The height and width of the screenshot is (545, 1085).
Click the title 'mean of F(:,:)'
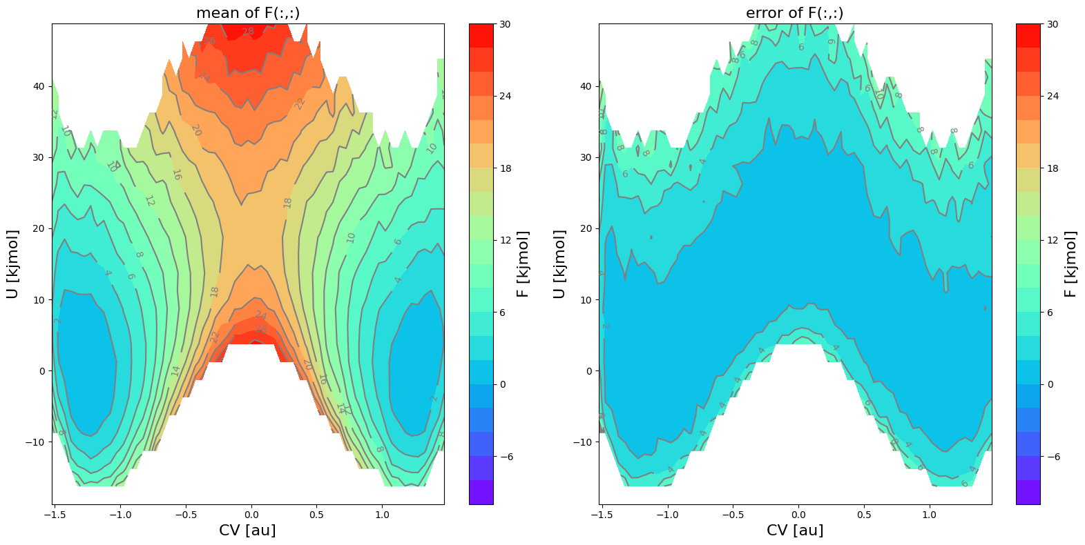[x=248, y=13]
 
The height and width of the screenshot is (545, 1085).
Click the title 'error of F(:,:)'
[x=794, y=13]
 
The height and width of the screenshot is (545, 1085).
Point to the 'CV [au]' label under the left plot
[x=247, y=530]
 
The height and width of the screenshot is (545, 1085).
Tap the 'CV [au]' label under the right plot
[x=795, y=530]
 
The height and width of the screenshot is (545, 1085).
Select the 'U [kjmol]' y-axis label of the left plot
[x=12, y=264]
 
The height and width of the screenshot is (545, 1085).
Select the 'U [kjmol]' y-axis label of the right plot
[x=559, y=264]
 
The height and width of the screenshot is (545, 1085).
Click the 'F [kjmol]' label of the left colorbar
[x=523, y=264]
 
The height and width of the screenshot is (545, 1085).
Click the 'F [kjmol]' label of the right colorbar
[x=1070, y=264]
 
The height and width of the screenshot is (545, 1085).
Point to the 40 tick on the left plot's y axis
[x=38, y=86]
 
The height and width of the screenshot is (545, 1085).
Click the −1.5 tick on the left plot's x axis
[x=56, y=514]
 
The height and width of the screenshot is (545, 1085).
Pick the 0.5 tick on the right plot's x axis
[x=864, y=514]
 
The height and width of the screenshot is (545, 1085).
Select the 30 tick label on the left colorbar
[x=506, y=24]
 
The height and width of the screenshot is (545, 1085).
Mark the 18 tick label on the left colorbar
[x=506, y=168]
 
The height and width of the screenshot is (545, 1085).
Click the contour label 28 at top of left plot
[x=248, y=31]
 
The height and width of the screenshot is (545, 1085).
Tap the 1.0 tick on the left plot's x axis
[x=382, y=514]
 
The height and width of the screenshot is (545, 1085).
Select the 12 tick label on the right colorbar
[x=1053, y=240]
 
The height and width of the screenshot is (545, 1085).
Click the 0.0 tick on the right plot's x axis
[x=798, y=514]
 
